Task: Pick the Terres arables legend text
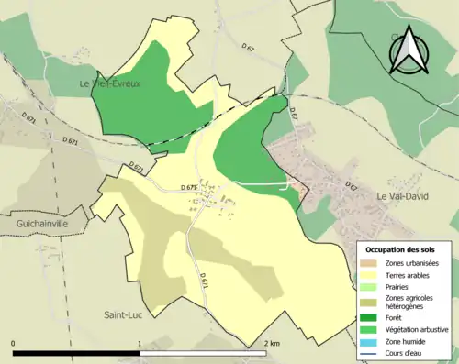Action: [408, 274]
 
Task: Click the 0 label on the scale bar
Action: [14, 344]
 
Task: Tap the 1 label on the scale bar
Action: [140, 344]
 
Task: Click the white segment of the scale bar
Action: [202, 353]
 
